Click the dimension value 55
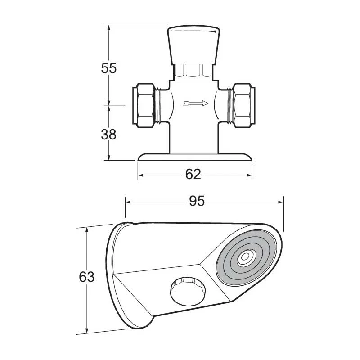pyautogui.click(x=108, y=68)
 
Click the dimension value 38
pyautogui.click(x=108, y=134)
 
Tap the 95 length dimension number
pyautogui.click(x=197, y=202)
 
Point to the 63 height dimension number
pyautogui.click(x=86, y=277)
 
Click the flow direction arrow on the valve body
pyautogui.click(x=196, y=103)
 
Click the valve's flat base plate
pyautogui.click(x=195, y=157)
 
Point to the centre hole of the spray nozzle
pyautogui.click(x=245, y=258)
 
